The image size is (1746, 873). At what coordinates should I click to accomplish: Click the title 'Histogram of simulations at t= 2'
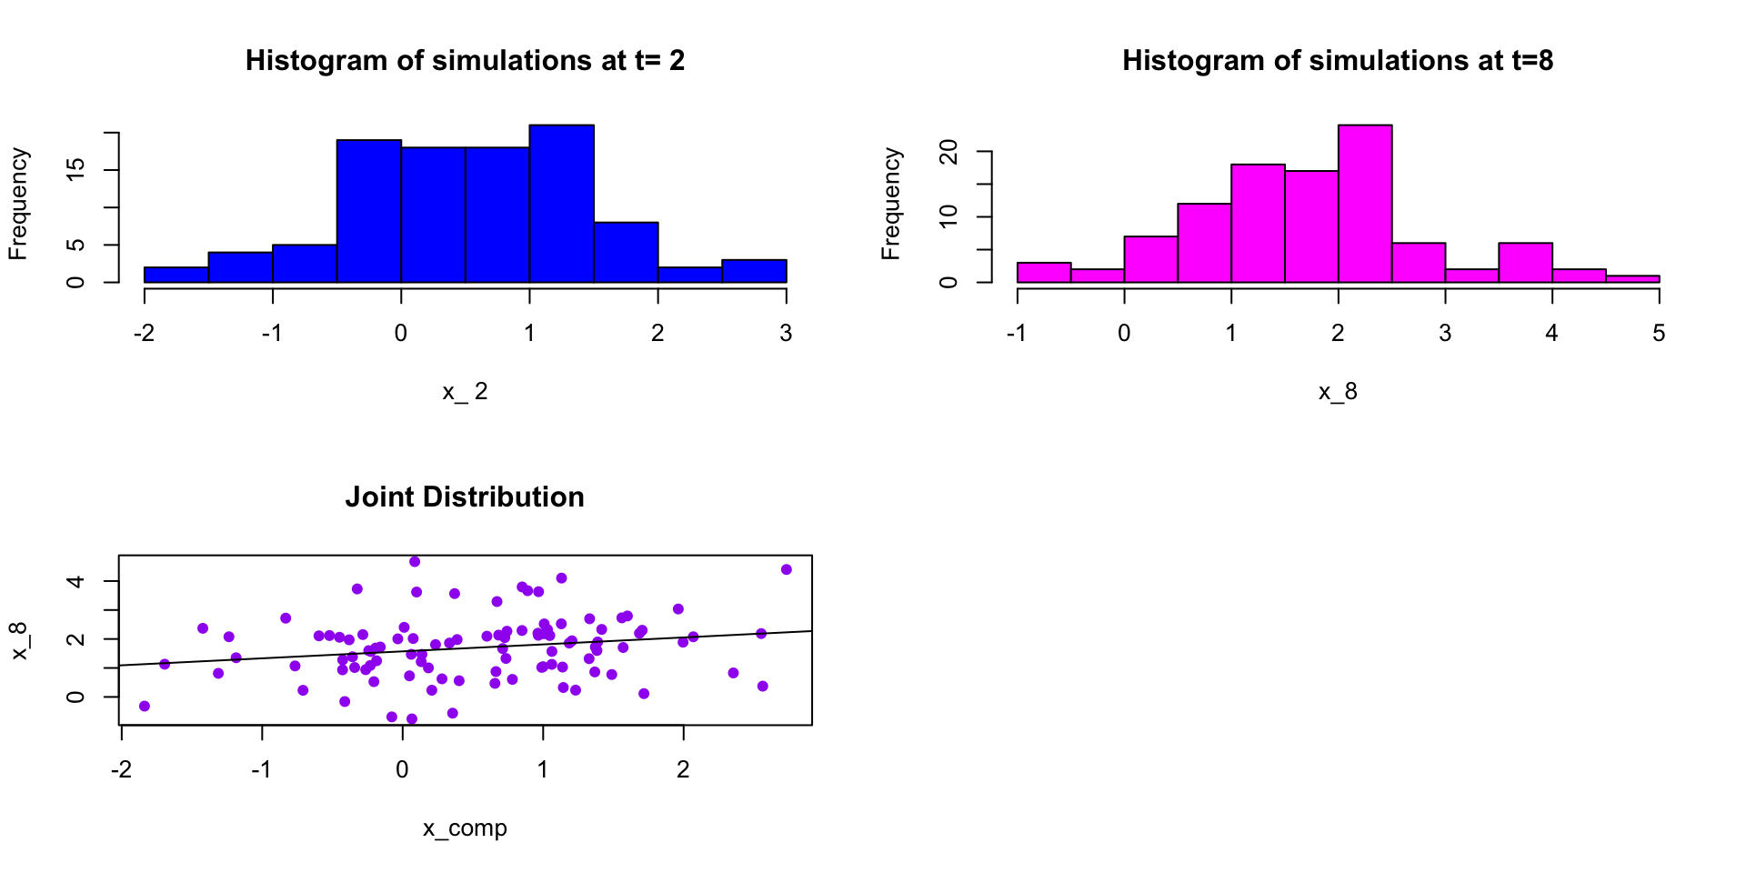[x=465, y=61]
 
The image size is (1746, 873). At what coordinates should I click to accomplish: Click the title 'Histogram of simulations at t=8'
[x=1338, y=61]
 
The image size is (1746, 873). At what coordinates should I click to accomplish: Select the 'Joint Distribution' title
[x=465, y=497]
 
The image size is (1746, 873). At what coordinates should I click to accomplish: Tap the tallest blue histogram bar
[x=561, y=204]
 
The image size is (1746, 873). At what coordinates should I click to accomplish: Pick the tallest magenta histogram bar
[x=1364, y=204]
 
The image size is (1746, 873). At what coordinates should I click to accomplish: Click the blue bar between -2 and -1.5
[x=176, y=275]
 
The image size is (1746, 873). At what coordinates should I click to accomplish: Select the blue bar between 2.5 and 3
[x=754, y=271]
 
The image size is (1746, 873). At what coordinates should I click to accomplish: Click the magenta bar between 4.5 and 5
[x=1632, y=278]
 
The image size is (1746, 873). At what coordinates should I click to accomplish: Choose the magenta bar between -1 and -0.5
[x=1043, y=273]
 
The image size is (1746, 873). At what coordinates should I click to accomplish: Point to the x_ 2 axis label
[x=465, y=392]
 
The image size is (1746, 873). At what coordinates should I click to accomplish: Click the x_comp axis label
[x=465, y=828]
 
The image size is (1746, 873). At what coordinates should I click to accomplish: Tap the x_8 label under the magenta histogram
[x=1338, y=392]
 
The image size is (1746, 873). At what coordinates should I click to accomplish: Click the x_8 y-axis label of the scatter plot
[x=19, y=640]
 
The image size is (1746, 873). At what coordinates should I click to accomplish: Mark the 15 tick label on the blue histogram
[x=76, y=169]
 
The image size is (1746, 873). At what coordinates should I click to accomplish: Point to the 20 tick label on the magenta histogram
[x=949, y=152]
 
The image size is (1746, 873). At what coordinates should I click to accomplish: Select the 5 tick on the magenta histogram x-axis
[x=1659, y=334]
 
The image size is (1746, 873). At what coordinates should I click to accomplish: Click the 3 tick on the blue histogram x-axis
[x=786, y=334]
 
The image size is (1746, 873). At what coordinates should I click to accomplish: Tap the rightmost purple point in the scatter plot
[x=787, y=569]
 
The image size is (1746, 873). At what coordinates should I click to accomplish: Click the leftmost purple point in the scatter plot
[x=145, y=706]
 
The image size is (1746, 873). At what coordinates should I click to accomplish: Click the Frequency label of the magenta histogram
[x=891, y=204]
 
